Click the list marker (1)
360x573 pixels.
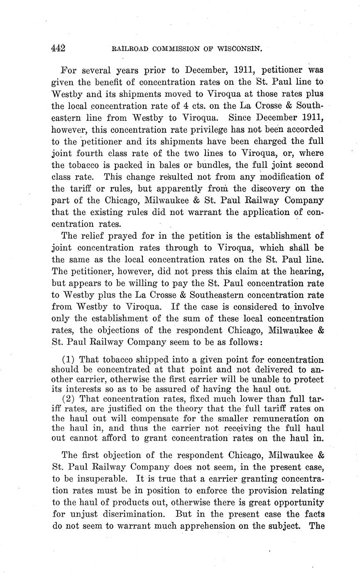coord(69,359)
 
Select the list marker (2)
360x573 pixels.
coord(69,399)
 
